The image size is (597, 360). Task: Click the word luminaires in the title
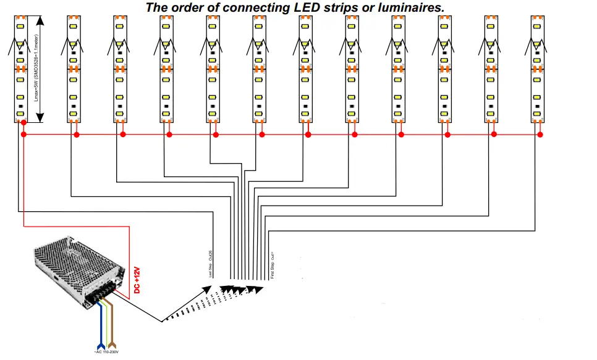[x=404, y=7]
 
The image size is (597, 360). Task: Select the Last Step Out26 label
[x=211, y=264]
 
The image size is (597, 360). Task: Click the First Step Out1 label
[x=272, y=264]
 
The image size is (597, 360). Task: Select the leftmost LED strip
[x=20, y=68]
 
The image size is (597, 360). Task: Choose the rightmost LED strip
[x=538, y=68]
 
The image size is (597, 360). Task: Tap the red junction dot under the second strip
[x=76, y=134]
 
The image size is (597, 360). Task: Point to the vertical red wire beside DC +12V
[x=129, y=259]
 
